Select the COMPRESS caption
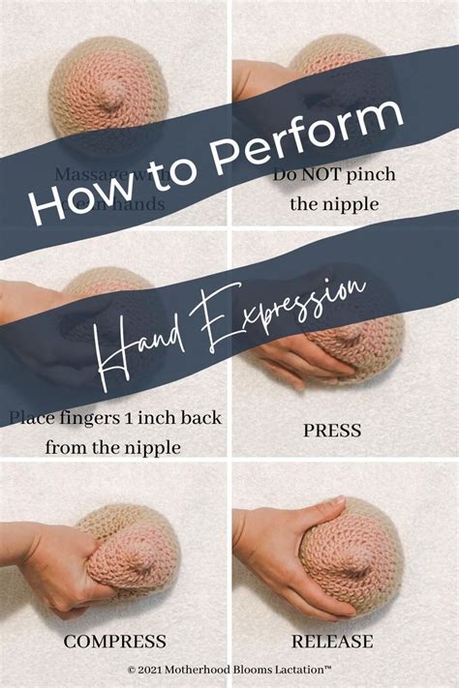pyautogui.click(x=115, y=641)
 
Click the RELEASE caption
pyautogui.click(x=347, y=641)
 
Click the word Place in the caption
pyautogui.click(x=32, y=419)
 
